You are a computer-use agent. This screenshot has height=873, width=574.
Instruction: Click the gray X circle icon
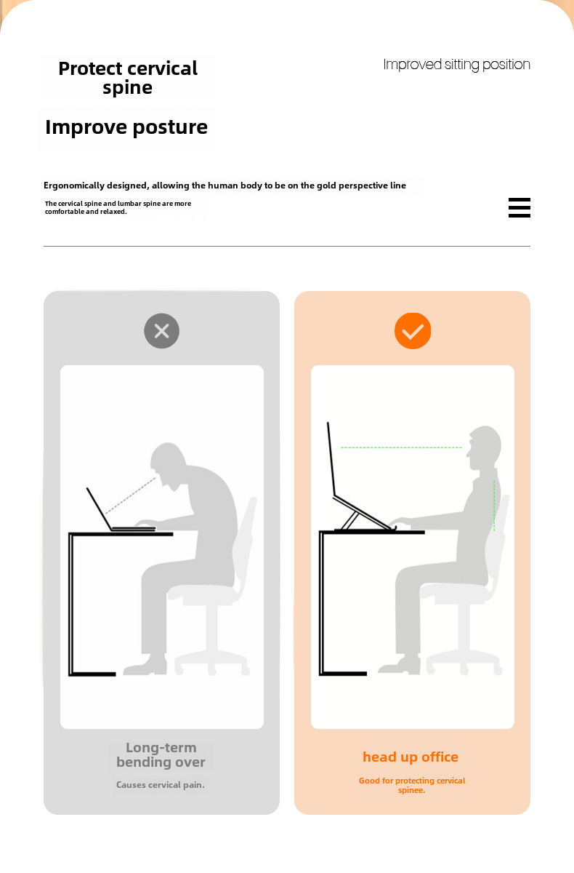161,331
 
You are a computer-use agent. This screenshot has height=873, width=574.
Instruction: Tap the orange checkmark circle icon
413,331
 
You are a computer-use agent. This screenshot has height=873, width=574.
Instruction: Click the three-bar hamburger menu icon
519,207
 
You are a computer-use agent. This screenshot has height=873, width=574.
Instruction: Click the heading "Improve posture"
126,127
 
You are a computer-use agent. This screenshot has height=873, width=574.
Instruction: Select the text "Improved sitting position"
456,65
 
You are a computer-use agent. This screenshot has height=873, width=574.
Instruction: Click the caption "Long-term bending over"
161,754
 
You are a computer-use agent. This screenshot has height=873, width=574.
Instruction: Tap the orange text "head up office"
411,757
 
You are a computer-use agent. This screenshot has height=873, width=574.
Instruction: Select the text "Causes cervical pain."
161,784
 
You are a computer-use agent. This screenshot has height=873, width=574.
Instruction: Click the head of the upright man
485,447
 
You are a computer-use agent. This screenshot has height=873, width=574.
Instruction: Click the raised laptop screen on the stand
331,459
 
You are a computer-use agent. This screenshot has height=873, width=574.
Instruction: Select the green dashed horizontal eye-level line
401,447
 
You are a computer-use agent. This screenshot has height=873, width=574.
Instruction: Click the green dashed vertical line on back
494,506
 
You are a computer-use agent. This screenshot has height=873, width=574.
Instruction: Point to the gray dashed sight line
130,495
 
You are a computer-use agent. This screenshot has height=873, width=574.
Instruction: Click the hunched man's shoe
145,666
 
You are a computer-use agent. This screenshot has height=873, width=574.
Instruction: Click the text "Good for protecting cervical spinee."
412,785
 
